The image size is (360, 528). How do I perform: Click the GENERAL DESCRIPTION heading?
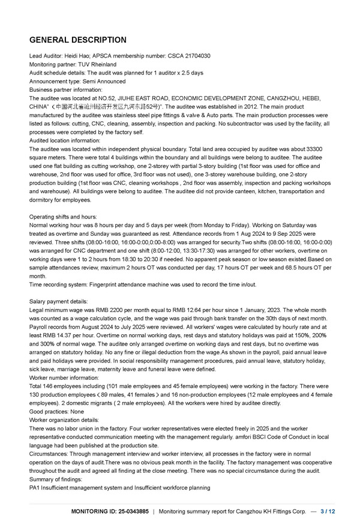pos(78,40)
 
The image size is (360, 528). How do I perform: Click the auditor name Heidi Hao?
pos(76,56)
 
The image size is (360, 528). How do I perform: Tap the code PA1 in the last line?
pos(35,488)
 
